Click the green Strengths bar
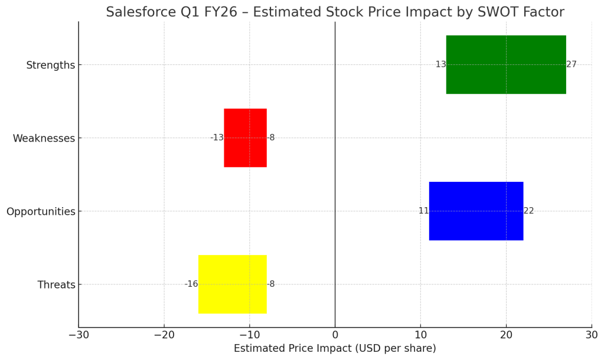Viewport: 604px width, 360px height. (506, 64)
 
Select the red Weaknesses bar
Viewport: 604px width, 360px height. (245, 138)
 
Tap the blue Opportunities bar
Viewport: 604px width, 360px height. (476, 211)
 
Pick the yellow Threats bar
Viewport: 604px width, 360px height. (232, 284)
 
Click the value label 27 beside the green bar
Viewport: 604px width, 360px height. (572, 64)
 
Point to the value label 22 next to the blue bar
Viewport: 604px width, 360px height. (528, 211)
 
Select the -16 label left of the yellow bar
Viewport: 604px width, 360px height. (191, 284)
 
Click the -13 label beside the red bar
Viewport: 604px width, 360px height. (217, 138)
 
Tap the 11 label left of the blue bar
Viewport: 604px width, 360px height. (423, 211)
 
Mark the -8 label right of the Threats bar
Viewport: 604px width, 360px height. (271, 284)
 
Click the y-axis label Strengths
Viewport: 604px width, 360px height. (50, 65)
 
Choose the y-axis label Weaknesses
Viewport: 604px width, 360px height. (44, 138)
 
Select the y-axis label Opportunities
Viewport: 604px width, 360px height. (41, 211)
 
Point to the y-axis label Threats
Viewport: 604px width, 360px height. (56, 284)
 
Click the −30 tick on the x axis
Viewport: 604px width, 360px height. (79, 335)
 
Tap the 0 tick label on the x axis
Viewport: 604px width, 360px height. (335, 335)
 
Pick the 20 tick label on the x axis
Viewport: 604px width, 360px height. (506, 335)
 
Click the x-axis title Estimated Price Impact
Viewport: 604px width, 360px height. (335, 348)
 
